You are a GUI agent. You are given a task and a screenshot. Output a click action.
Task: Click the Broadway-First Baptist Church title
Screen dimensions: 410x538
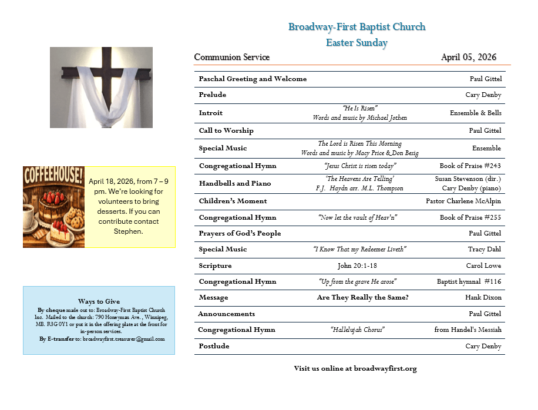point(357,27)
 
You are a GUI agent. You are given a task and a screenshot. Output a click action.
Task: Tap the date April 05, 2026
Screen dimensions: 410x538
point(468,58)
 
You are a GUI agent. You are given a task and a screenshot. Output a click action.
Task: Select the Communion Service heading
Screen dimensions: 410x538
point(231,58)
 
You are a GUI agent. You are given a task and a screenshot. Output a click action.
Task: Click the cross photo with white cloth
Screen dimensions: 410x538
point(101,88)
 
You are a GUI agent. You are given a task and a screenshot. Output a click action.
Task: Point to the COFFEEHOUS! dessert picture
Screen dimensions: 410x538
point(54,207)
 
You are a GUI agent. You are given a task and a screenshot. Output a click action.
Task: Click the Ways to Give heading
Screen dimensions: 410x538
point(99,301)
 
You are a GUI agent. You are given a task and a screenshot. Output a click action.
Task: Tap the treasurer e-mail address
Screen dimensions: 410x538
point(123,339)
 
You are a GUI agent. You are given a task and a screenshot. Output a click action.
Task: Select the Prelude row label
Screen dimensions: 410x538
point(212,95)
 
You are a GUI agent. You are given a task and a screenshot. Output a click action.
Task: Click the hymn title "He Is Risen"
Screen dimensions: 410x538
point(359,108)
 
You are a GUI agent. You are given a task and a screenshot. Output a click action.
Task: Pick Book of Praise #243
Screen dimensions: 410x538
point(470,166)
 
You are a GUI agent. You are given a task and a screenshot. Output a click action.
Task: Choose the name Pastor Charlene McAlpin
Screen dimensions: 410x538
point(463,201)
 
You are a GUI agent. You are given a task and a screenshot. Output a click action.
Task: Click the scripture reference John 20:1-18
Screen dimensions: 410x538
point(359,266)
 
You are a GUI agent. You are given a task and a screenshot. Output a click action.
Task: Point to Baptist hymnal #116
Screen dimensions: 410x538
point(469,282)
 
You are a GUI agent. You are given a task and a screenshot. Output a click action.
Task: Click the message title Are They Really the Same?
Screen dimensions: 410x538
point(362,298)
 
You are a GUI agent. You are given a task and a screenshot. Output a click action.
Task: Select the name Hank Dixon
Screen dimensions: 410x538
point(483,298)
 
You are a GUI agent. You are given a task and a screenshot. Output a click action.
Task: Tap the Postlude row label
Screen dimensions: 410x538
point(213,347)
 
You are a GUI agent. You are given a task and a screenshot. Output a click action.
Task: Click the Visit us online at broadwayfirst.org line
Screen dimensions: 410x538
point(355,369)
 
